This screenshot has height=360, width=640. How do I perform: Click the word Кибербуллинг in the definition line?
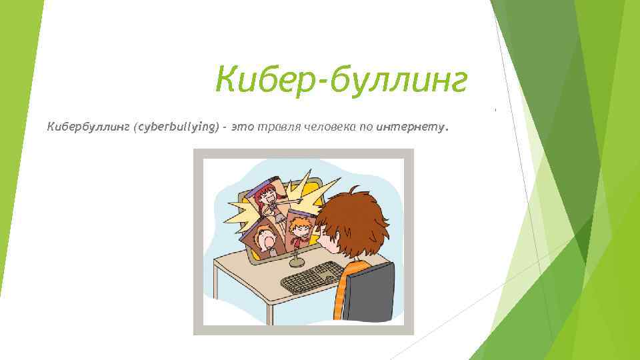(89, 127)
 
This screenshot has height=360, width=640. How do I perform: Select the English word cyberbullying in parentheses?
(177, 127)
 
